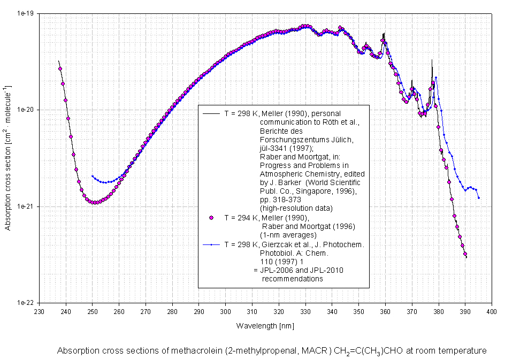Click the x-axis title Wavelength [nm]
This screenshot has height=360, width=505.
(x=265, y=325)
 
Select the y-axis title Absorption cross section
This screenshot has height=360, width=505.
(x=8, y=158)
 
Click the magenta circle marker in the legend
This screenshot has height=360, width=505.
(x=211, y=217)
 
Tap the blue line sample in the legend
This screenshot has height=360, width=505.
(x=211, y=244)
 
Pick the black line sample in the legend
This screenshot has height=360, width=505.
(x=211, y=113)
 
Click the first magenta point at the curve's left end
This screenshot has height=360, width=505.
(x=60, y=68)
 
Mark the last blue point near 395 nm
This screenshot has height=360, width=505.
(x=479, y=198)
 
